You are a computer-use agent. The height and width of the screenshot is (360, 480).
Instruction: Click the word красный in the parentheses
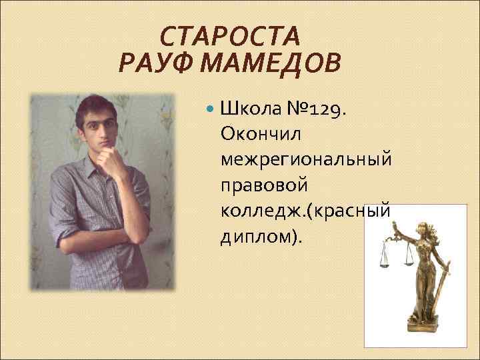[350, 211]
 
